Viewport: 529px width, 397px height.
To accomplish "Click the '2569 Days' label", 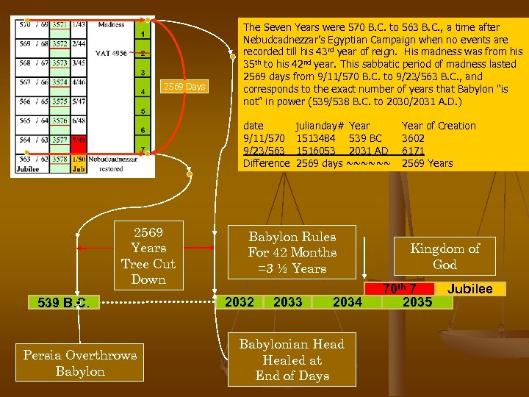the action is [184, 87].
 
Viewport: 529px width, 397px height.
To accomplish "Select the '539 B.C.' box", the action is [60, 302].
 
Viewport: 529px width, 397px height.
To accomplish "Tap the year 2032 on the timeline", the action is [239, 301].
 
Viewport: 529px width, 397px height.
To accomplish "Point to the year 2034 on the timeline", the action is [347, 301].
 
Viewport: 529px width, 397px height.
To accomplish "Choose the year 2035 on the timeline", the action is [417, 301].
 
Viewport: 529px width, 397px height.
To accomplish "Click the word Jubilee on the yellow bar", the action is [470, 288].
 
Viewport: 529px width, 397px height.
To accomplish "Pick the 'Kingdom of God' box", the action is [444, 256].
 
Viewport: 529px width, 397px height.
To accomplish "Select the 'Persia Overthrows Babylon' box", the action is [79, 362].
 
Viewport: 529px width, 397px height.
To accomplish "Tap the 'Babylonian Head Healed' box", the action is [292, 360].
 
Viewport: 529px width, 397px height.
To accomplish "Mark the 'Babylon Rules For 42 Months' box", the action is [292, 252].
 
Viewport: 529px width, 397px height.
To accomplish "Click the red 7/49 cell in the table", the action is [79, 140].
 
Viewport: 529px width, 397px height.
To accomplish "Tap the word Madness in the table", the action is [111, 24].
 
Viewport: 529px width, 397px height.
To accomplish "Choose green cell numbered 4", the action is [142, 92].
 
